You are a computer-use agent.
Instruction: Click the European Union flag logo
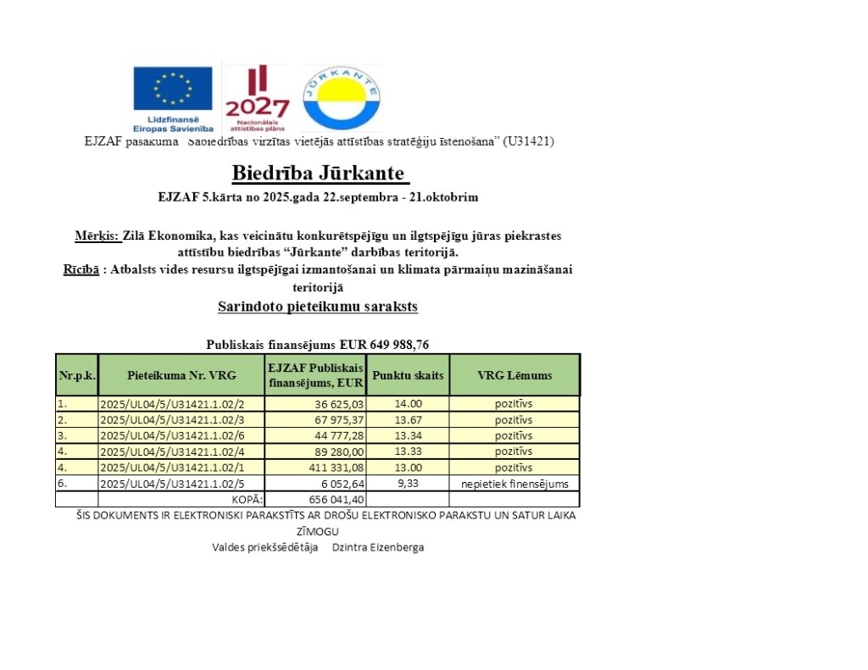click(x=172, y=89)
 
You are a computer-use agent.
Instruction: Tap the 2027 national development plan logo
click(x=256, y=96)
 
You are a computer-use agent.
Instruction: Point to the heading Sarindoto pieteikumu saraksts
click(x=318, y=307)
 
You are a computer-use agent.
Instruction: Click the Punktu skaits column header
click(x=409, y=374)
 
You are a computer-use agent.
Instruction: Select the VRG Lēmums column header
click(x=515, y=374)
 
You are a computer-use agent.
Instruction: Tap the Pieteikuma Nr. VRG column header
click(x=182, y=374)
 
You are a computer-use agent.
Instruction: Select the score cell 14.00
click(x=409, y=404)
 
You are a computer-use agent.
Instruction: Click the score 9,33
click(x=409, y=484)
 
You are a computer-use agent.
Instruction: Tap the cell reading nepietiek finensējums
click(x=515, y=485)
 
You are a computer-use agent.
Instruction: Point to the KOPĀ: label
click(x=248, y=500)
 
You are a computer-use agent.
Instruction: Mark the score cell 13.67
click(x=409, y=420)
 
